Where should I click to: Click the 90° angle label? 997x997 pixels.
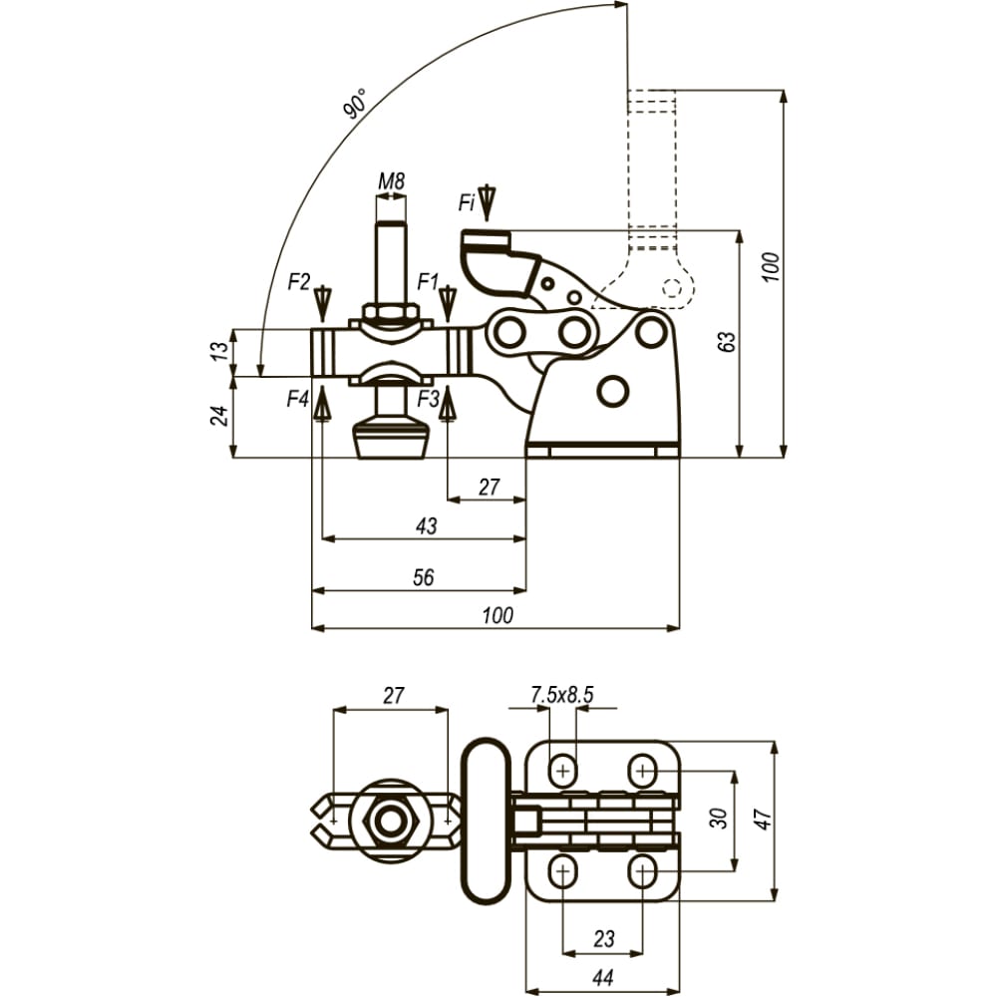[356, 104]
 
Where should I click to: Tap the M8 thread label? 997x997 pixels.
[391, 181]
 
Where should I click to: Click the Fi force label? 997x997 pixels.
[467, 202]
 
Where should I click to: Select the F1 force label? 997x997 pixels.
[429, 281]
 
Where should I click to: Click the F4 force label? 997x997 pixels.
[297, 400]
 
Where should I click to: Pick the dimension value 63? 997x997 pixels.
[728, 341]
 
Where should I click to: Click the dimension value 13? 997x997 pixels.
[218, 351]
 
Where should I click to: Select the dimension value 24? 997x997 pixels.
[219, 416]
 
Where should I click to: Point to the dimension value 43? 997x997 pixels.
[427, 525]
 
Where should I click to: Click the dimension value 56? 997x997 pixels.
[424, 577]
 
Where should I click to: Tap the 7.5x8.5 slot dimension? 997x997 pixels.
[562, 695]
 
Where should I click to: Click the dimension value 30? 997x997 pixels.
[718, 819]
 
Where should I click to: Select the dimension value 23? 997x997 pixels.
[604, 938]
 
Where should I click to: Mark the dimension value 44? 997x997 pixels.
[602, 977]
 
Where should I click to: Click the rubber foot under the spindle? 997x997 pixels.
[389, 438]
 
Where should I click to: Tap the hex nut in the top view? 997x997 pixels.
[388, 821]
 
